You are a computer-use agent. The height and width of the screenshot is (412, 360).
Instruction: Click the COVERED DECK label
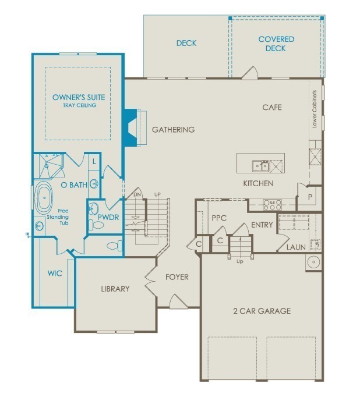click(276, 44)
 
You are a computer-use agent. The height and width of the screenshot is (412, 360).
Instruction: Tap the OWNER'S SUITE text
click(79, 97)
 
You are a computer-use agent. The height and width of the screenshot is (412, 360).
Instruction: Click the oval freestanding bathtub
click(44, 198)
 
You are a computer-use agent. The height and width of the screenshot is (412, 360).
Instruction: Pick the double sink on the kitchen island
click(261, 166)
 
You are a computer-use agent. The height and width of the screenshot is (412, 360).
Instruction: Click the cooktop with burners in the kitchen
click(272, 204)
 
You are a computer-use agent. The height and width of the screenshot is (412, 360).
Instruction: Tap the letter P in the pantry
click(310, 198)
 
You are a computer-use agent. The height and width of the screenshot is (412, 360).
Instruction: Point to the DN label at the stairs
click(137, 194)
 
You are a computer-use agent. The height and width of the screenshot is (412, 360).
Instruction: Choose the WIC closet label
click(55, 273)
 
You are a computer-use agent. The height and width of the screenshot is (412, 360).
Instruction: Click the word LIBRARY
click(115, 289)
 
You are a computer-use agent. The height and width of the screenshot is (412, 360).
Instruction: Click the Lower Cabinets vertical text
click(315, 109)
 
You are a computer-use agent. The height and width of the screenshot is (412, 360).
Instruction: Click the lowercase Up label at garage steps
click(240, 261)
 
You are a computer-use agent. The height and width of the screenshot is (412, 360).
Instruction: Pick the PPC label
click(219, 218)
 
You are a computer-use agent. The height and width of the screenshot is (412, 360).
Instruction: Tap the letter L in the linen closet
click(94, 161)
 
